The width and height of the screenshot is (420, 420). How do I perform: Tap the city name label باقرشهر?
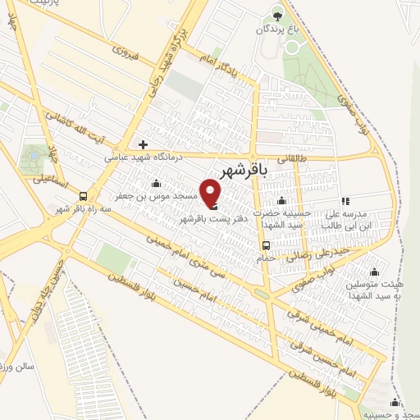247,170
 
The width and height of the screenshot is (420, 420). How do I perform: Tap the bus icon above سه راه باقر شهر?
83,195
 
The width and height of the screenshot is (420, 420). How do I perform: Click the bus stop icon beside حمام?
266,245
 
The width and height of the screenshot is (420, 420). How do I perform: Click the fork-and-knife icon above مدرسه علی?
345,199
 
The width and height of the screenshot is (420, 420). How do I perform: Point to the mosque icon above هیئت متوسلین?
375,272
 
